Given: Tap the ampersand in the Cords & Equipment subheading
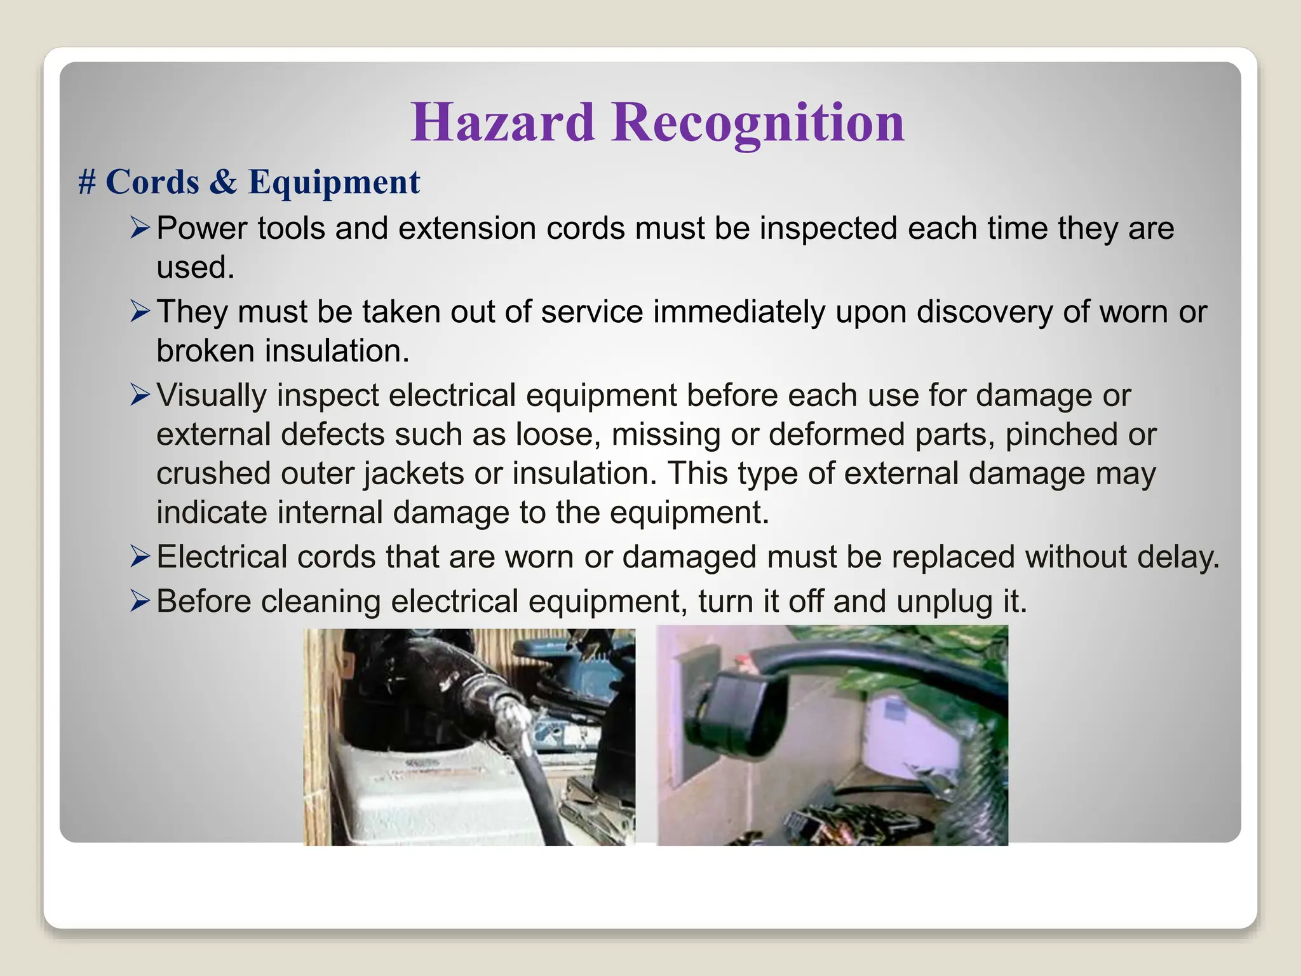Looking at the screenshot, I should [x=223, y=182].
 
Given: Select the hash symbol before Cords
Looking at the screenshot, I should [x=87, y=182].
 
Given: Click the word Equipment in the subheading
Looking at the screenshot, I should [x=334, y=182].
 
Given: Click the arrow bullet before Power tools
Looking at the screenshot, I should [x=140, y=227].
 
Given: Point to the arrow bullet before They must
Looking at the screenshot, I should [x=140, y=311].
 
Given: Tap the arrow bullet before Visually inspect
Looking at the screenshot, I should [x=140, y=395].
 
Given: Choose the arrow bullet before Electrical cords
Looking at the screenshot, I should [x=140, y=556].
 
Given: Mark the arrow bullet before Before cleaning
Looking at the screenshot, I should [x=140, y=600].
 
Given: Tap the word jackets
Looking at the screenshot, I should [x=414, y=474].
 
